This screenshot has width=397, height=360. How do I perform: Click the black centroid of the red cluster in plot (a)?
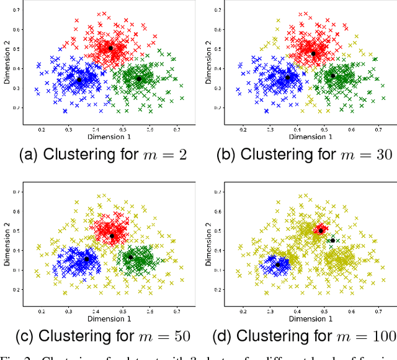point(111,48)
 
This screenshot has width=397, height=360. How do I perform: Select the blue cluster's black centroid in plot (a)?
point(79,79)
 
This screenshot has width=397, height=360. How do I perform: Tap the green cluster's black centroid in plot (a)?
point(139,79)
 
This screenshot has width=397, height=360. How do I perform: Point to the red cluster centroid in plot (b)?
point(313,53)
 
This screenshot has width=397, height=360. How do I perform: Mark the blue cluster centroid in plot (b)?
point(287,78)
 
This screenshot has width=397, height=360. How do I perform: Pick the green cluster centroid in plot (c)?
point(130,257)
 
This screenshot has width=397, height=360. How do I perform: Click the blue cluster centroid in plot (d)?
point(278,264)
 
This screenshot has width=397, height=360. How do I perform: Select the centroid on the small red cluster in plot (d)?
point(321,231)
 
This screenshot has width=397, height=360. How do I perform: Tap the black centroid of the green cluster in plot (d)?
point(332,241)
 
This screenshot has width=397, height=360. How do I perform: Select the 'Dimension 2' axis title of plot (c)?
point(7,248)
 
